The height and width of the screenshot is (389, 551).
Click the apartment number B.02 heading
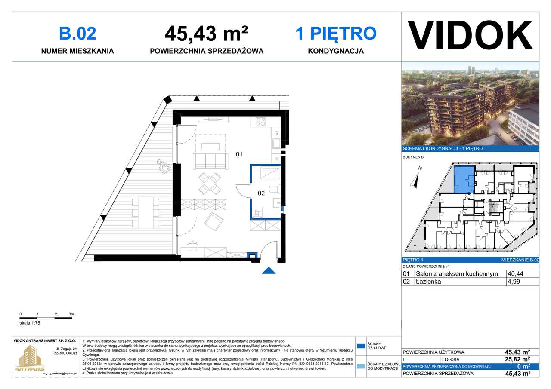pos(77,34)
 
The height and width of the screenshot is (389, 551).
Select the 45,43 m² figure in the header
pos(206,34)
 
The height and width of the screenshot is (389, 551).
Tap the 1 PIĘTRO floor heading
pos(336,34)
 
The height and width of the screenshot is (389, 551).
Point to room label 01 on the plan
pos(239,153)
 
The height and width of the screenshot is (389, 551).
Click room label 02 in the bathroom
pos(261,193)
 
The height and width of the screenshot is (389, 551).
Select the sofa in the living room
pos(210,161)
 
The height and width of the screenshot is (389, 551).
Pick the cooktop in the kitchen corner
pos(261,122)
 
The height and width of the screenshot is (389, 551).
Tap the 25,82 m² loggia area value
pos(517,359)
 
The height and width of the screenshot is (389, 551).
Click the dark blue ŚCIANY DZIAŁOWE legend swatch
pos(361,346)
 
